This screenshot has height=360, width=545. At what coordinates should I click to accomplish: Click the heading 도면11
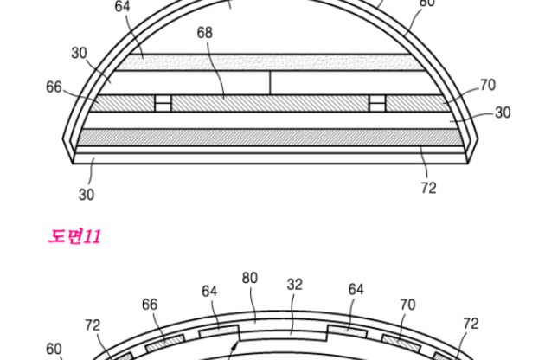[74, 236]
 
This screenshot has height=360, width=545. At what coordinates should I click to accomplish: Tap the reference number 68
[204, 33]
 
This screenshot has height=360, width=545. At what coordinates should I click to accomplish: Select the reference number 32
[295, 285]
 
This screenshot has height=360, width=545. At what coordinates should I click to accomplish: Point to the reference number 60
[54, 349]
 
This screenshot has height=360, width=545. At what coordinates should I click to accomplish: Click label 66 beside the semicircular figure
[54, 87]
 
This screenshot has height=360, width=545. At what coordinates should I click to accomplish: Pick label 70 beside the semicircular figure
[488, 85]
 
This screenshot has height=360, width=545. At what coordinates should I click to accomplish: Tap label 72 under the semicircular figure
[428, 188]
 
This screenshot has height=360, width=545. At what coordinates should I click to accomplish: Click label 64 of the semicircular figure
[122, 6]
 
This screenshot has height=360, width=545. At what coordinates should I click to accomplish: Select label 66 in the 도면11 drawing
[150, 305]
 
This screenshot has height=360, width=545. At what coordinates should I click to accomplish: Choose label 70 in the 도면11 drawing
[407, 305]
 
